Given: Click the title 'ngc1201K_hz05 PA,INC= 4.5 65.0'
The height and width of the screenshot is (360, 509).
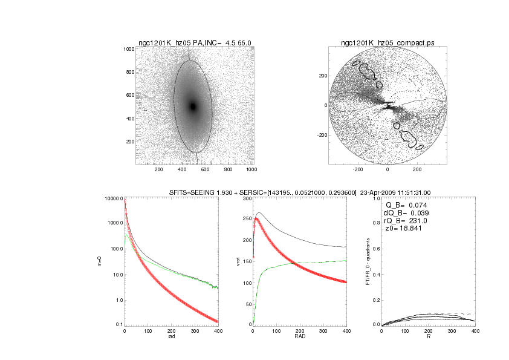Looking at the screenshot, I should (195, 43).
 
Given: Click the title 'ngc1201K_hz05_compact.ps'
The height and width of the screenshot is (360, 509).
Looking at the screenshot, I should (387, 43).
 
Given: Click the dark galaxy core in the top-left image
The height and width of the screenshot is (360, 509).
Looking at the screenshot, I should (193, 106).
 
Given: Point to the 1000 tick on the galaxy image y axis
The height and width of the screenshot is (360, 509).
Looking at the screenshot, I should (129, 49).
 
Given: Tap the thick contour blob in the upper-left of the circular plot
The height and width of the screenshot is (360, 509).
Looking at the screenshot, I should (367, 70).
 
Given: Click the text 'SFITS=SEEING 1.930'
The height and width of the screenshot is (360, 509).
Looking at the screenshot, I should (201, 192).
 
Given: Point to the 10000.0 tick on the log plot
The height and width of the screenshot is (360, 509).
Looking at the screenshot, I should (114, 198).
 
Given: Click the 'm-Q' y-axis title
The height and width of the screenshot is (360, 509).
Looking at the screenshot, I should (100, 261).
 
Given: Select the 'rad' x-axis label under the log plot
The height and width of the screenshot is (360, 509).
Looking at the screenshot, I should (171, 337).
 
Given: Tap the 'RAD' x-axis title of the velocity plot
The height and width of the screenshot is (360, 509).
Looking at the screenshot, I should (300, 337).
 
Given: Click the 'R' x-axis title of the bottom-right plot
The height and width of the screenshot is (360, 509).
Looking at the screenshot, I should (429, 337).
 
